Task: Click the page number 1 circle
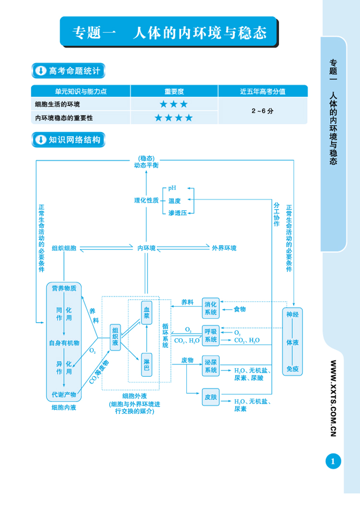tap(333, 461)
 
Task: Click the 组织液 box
tap(116, 337)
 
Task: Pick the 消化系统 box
tap(211, 308)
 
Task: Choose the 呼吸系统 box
tap(211, 335)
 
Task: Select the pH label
tap(172, 188)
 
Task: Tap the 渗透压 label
tap(177, 212)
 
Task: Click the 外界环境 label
tap(224, 248)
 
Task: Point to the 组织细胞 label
tap(64, 248)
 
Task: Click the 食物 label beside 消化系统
tap(240, 309)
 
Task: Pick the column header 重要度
tap(174, 91)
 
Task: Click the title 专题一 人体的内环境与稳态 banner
tap(168, 33)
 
